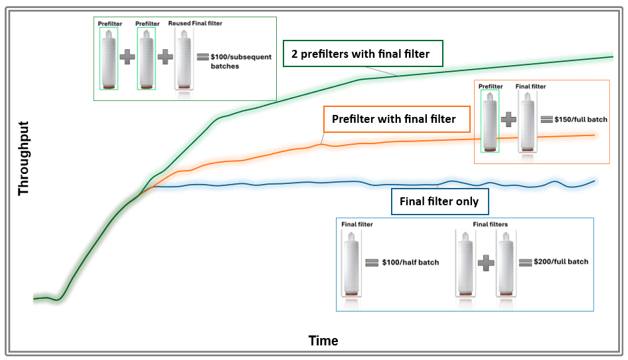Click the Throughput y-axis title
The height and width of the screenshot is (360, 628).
[x=25, y=158]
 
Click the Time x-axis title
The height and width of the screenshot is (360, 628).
[x=323, y=341]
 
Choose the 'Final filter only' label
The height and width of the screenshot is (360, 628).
[x=439, y=201]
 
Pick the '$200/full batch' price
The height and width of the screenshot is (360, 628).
[x=561, y=262]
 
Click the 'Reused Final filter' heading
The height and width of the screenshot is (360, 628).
[x=196, y=23]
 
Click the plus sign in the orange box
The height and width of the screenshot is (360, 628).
[x=509, y=120]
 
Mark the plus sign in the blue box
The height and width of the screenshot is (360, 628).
[x=486, y=262]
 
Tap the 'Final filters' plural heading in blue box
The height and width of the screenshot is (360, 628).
[x=490, y=225]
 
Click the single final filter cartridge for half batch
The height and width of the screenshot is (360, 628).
[x=351, y=263]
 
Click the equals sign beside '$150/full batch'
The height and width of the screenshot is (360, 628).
[x=547, y=120]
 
